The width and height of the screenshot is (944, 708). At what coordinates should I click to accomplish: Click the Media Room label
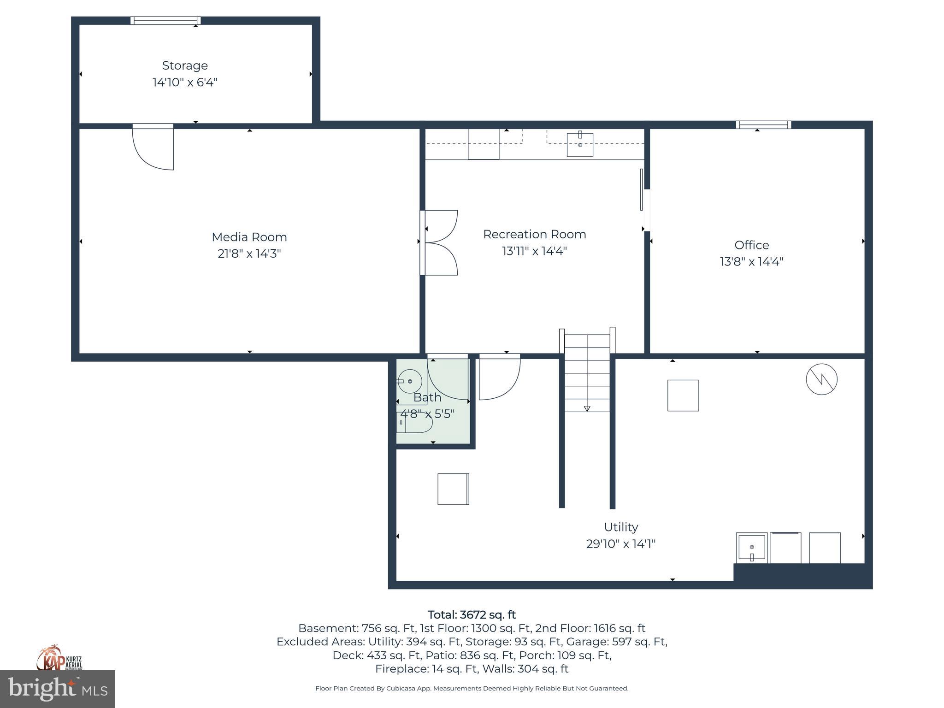coord(249,237)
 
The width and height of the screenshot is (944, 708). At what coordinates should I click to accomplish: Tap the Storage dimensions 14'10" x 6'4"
coord(185,83)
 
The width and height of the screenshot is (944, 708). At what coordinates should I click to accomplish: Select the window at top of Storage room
coord(165,20)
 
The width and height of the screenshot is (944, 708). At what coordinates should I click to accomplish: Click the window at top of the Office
coord(763,124)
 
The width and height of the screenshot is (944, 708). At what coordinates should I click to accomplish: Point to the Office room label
coord(751,245)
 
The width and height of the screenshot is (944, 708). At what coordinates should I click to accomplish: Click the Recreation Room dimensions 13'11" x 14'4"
coord(534,251)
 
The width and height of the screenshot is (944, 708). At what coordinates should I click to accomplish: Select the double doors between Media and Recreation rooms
coord(439,243)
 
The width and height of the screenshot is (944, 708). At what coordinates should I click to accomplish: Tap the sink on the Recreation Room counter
coord(580,144)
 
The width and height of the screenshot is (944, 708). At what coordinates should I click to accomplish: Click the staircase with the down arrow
coord(587,373)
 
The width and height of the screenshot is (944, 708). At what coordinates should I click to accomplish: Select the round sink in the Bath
coord(410,382)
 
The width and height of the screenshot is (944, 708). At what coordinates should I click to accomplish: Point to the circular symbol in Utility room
coord(821,379)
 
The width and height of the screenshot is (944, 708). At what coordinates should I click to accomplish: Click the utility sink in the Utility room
coord(751,548)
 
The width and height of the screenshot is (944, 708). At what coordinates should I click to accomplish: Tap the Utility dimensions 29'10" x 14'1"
coord(620,544)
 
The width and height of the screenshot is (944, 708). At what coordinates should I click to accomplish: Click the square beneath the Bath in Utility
coord(453,489)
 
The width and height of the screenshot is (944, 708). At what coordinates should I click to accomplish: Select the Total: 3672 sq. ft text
coord(472,615)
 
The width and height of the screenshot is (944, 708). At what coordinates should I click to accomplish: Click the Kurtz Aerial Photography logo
coord(59,658)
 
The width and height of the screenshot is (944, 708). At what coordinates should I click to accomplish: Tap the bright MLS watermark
coord(58,689)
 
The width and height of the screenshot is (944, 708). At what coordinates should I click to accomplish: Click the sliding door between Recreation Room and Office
coord(642,190)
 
